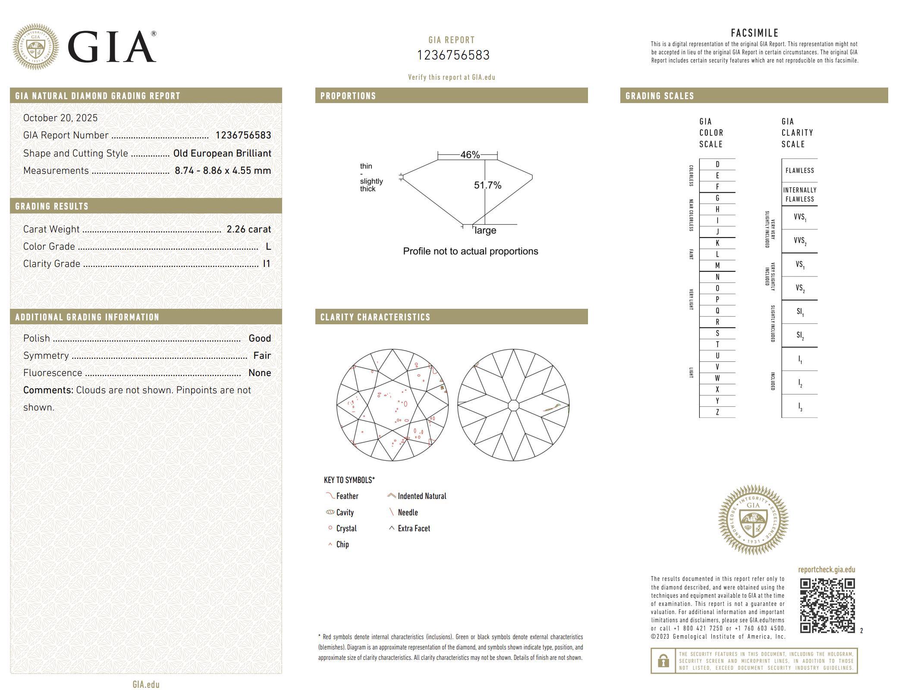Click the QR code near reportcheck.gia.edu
pyautogui.click(x=827, y=605)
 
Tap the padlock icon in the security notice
pyautogui.click(x=663, y=661)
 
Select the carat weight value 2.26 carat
pyautogui.click(x=248, y=229)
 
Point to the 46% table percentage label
pyautogui.click(x=470, y=155)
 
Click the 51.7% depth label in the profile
pyautogui.click(x=487, y=185)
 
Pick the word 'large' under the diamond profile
pyautogui.click(x=485, y=231)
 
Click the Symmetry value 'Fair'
pyautogui.click(x=262, y=356)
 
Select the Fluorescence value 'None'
pyautogui.click(x=259, y=373)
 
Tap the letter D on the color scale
pyautogui.click(x=717, y=164)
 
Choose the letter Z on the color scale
pyautogui.click(x=717, y=412)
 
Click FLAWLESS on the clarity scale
pyautogui.click(x=799, y=171)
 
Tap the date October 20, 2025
pyautogui.click(x=60, y=118)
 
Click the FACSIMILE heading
pyautogui.click(x=754, y=33)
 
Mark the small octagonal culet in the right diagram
pyautogui.click(x=513, y=405)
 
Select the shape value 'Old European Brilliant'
pyautogui.click(x=222, y=154)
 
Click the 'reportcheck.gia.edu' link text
pyautogui.click(x=826, y=570)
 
